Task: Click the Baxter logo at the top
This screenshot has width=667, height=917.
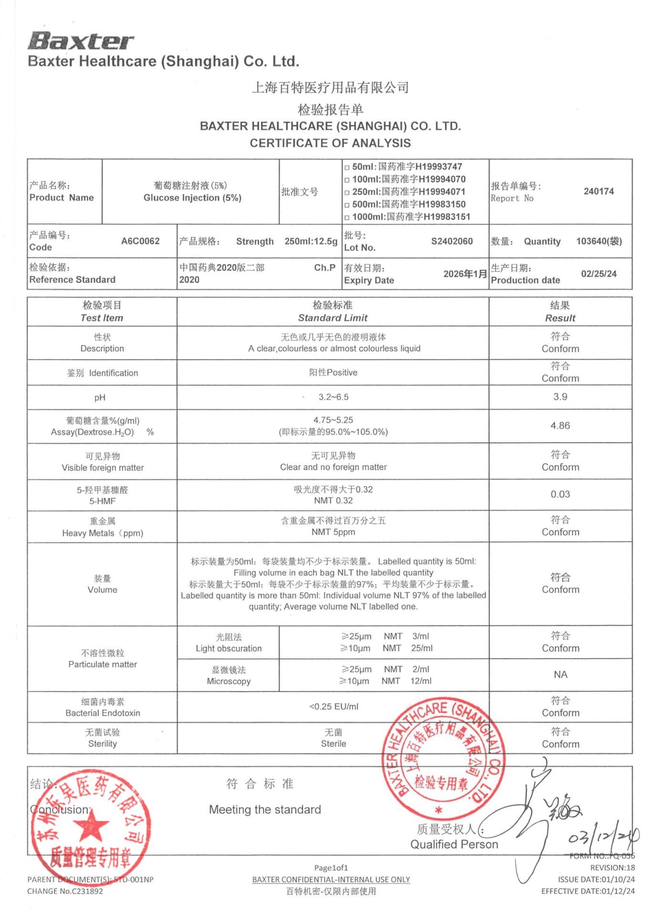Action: tap(80, 42)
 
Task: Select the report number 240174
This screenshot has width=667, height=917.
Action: tap(598, 192)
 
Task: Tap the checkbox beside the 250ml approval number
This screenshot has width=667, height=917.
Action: tap(347, 192)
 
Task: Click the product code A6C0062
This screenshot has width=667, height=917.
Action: tap(140, 241)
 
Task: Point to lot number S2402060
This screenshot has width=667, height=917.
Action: tap(452, 241)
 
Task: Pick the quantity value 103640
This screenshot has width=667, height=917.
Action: tap(599, 241)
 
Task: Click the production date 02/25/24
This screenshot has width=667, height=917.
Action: tap(598, 274)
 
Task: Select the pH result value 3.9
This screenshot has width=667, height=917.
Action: tap(560, 397)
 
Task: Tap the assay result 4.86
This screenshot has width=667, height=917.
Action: tap(560, 426)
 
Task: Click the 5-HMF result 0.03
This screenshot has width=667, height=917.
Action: tap(560, 494)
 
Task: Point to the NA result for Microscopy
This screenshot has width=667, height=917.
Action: tap(560, 674)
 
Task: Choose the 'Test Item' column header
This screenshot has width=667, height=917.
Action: tap(102, 318)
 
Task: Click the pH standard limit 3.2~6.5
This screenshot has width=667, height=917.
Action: tap(333, 397)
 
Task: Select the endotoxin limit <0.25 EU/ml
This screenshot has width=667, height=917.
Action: tap(333, 706)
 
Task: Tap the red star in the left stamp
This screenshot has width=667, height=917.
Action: tap(89, 826)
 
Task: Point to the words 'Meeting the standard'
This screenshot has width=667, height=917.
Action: tap(265, 810)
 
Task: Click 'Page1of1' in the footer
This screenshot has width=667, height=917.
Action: tap(331, 868)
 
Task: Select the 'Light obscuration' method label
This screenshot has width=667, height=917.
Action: tap(228, 649)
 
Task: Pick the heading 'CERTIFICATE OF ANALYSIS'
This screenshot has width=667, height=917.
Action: tap(330, 143)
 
